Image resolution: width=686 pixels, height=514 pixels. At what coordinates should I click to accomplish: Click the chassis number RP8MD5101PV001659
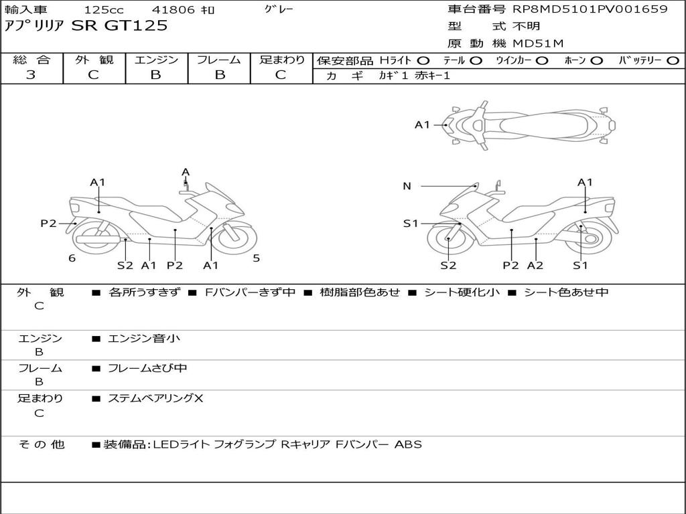point(590,9)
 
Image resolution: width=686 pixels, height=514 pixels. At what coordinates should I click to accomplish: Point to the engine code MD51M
point(538,44)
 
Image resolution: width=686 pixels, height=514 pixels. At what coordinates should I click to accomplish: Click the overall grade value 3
point(31,75)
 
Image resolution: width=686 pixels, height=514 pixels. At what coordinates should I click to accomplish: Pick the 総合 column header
point(31,60)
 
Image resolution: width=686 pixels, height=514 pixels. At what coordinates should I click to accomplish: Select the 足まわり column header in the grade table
point(281,60)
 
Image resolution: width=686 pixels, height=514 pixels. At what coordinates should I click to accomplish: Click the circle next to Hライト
point(423,61)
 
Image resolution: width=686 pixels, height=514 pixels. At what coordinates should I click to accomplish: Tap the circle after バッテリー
point(673,61)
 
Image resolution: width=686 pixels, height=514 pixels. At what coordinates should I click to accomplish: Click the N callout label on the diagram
point(407,186)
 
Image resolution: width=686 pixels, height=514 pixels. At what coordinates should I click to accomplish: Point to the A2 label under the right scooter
point(535,266)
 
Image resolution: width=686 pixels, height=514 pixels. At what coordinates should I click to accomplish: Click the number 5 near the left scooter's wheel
point(256,258)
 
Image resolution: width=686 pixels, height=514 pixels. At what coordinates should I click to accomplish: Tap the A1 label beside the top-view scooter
point(422,124)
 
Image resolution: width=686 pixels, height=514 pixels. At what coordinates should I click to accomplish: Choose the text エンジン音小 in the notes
point(144,339)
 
